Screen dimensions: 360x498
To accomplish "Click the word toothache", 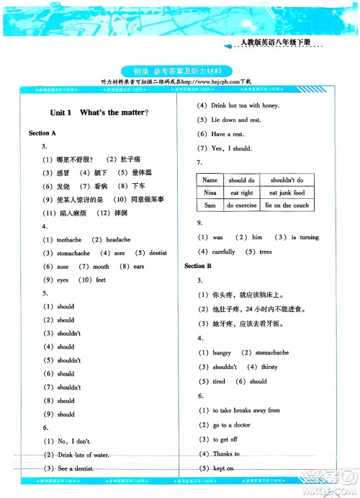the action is point(69,239).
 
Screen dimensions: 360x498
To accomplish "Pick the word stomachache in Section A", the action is point(73,253).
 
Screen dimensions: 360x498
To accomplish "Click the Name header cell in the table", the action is point(210,180).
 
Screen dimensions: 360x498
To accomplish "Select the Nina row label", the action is point(210,193).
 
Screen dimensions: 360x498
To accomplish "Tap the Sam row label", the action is point(210,205).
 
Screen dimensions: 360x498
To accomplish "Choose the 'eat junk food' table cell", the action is point(287,193).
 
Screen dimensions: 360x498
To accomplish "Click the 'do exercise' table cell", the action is point(242,205).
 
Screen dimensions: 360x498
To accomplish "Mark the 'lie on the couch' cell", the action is point(287,205).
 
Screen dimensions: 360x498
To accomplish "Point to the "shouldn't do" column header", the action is point(287,180).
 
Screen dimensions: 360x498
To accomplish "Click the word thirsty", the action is point(269,367).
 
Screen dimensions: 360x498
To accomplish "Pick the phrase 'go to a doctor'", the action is point(233,425).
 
